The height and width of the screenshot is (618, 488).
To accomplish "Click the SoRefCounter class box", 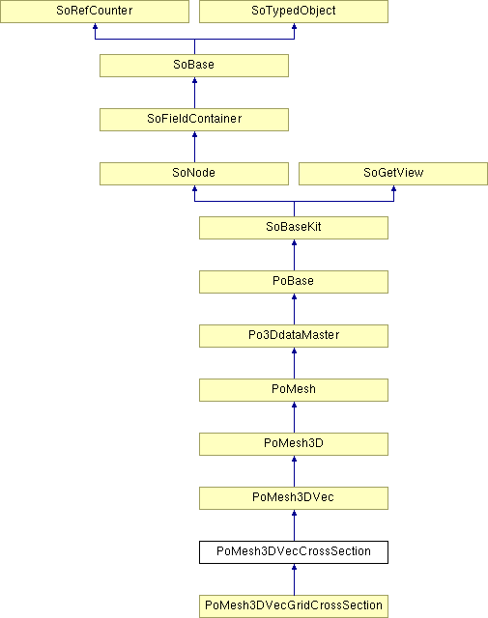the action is [x=95, y=11].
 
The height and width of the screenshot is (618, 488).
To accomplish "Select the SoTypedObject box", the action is [x=294, y=11].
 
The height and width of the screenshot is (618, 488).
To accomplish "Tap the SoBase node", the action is [x=194, y=66].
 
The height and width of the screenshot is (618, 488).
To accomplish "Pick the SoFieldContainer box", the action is [x=194, y=120].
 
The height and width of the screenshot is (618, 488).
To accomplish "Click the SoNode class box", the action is [x=194, y=174].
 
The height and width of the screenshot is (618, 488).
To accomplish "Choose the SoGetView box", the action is [x=393, y=174].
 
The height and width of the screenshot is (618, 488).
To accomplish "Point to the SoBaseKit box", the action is [x=294, y=228].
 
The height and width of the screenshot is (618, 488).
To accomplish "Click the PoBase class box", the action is [x=294, y=281].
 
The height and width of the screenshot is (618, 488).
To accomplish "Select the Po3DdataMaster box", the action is [x=294, y=336].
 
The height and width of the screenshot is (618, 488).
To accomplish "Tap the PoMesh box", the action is [x=294, y=390].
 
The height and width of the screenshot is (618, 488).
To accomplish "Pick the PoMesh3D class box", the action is [x=294, y=444].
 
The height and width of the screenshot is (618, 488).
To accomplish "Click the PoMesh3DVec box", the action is [x=294, y=498].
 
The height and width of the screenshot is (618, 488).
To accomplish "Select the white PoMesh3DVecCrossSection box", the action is [x=294, y=551].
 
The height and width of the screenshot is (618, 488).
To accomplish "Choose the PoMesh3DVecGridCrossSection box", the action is [x=294, y=606].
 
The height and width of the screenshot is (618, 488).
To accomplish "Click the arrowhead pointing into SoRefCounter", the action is [x=95, y=26].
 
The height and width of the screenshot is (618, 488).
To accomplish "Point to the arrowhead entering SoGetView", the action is [x=393, y=188].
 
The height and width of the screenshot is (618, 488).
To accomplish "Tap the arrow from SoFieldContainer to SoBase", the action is [x=194, y=93].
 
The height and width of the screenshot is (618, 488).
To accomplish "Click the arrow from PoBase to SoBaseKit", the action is [x=294, y=255].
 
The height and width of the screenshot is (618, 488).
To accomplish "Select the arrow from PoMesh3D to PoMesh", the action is [x=294, y=417].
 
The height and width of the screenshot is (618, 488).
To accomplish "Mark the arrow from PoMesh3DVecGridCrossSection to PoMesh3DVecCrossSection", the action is [x=294, y=579].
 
